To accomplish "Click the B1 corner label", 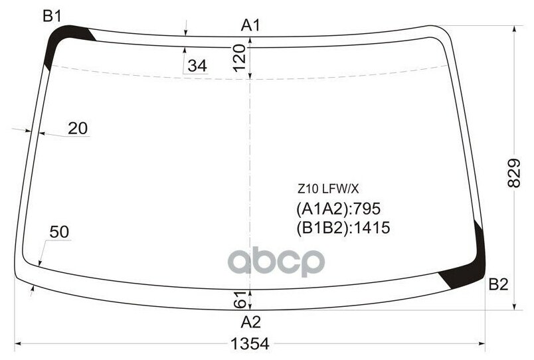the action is coord(52,16).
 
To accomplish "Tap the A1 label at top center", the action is coord(250,25).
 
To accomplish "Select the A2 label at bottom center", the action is coord(250,322).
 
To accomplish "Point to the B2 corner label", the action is coord(498,284).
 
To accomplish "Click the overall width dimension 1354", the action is coord(250,343).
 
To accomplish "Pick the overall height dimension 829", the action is coord(514,173).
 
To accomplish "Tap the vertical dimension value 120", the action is coord(240,58).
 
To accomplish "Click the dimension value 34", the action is coord(197,66).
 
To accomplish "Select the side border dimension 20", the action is coord(78,128).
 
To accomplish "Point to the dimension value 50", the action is coord(59,232).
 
